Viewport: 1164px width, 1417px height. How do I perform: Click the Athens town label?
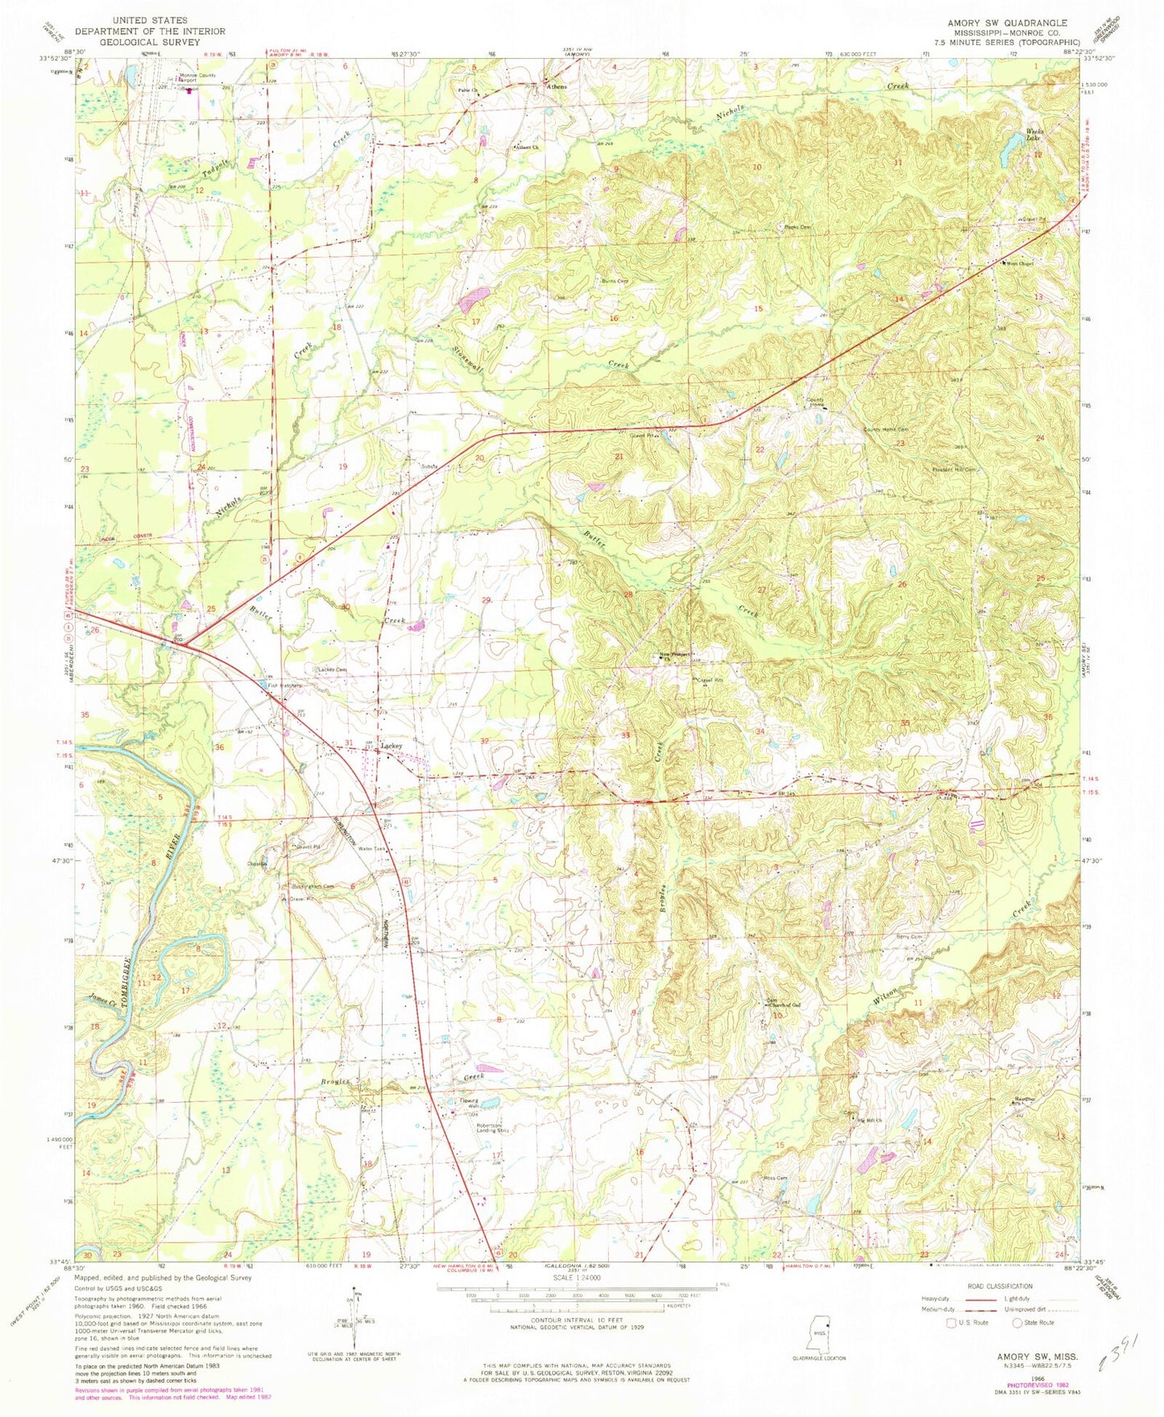pos(557,86)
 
